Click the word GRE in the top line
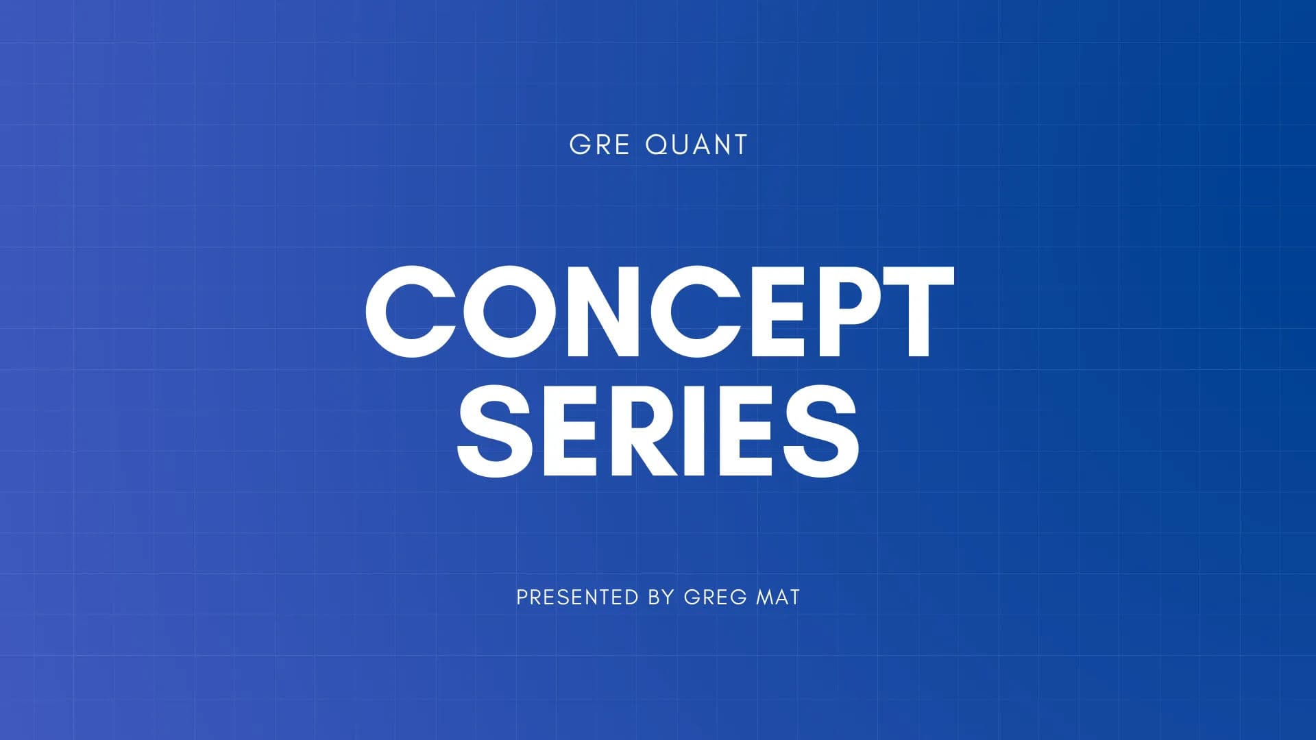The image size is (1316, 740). point(600,145)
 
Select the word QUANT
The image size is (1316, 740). point(696,145)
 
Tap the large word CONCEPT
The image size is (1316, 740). point(659,312)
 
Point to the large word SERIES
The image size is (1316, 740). point(658,430)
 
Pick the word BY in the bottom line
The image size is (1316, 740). point(661,597)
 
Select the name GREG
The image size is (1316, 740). point(715,597)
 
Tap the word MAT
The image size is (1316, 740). point(777,597)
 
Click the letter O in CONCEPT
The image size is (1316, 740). point(509,312)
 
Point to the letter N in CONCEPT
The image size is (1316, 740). point(605,312)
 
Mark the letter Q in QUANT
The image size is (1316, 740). point(659,145)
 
